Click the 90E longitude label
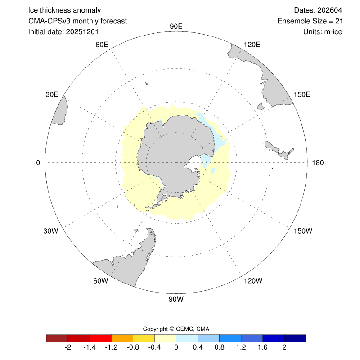point(176,26)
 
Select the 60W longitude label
point(100,281)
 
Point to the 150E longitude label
point(301,94)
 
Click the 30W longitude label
point(51,231)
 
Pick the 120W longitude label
point(252,281)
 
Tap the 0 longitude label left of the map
point(38,162)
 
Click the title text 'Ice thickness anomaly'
point(64,10)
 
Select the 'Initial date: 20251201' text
point(63,32)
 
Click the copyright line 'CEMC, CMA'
point(176,329)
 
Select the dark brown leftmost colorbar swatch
point(57,338)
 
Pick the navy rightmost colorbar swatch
point(295,338)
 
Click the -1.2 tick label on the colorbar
point(112,348)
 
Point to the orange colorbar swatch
point(122,338)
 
